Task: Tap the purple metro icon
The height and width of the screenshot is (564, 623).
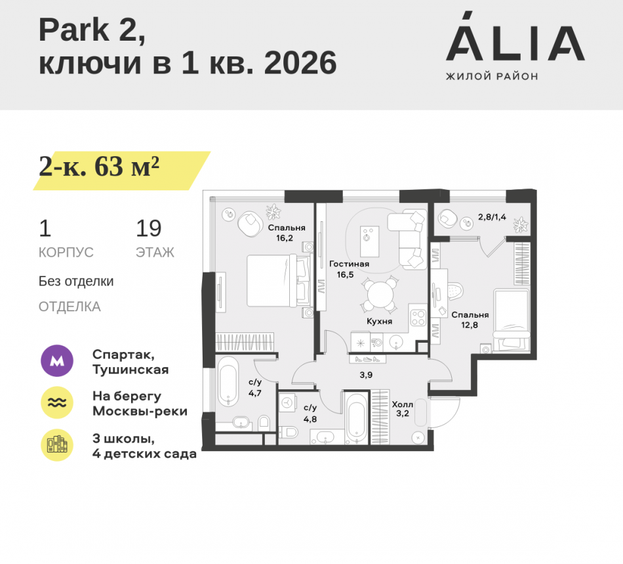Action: pyautogui.click(x=58, y=360)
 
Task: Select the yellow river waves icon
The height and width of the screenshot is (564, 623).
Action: pyautogui.click(x=58, y=403)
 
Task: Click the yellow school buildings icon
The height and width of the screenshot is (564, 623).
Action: pyautogui.click(x=58, y=445)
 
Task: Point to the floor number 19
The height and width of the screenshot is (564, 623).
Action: pyautogui.click(x=149, y=228)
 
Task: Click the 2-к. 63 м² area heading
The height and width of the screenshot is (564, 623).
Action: pyautogui.click(x=100, y=168)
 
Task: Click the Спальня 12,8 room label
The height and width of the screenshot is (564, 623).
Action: pyautogui.click(x=470, y=319)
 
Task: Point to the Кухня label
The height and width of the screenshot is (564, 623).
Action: pyautogui.click(x=380, y=322)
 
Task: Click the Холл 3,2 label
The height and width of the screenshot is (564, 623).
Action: pyautogui.click(x=403, y=410)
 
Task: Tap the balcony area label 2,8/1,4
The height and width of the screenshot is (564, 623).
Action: pyautogui.click(x=492, y=216)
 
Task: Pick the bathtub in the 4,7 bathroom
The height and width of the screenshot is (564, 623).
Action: pyautogui.click(x=229, y=382)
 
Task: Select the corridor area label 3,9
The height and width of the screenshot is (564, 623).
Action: pyautogui.click(x=367, y=375)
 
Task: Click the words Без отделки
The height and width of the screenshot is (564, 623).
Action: pyautogui.click(x=76, y=282)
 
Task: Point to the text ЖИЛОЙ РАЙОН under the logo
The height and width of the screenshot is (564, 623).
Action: pyautogui.click(x=492, y=77)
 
